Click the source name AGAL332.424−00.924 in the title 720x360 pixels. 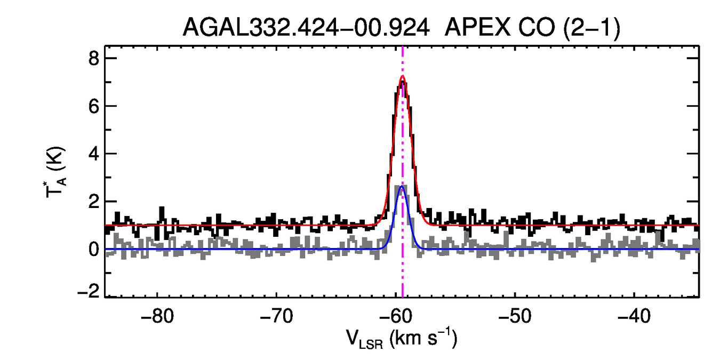[306, 28]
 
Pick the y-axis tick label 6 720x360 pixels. [94, 106]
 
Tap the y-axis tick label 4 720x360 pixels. [94, 154]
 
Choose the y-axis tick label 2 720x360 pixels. [94, 202]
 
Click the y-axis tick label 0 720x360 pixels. [94, 249]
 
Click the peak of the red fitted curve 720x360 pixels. [402, 76]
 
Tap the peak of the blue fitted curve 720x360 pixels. [402, 186]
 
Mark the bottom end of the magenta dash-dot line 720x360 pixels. [402, 296]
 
